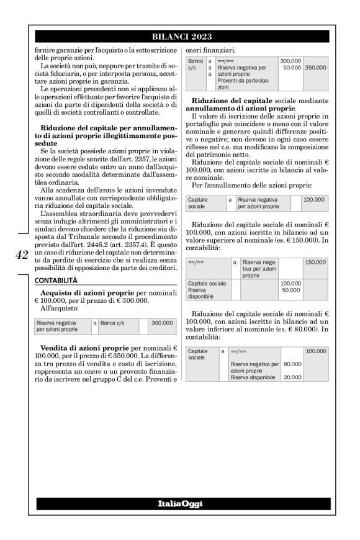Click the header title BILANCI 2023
[180, 37]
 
